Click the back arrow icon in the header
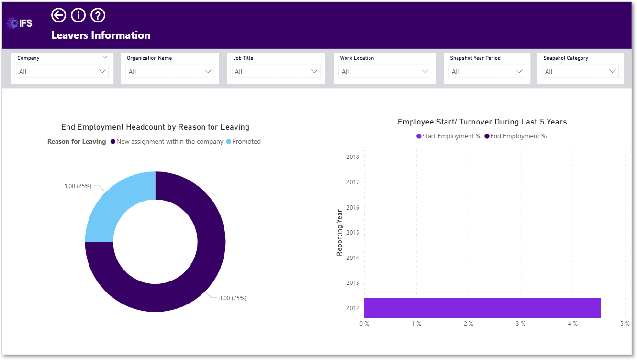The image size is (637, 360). click(x=58, y=15)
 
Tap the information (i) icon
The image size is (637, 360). click(x=78, y=15)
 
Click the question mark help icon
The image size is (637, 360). click(x=98, y=15)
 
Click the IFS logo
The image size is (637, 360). click(x=19, y=23)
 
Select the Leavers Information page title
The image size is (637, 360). click(x=101, y=35)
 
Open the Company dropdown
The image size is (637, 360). click(x=62, y=72)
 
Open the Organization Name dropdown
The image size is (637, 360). click(x=170, y=72)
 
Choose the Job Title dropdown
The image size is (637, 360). click(x=276, y=72)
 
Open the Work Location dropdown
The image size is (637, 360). click(x=384, y=72)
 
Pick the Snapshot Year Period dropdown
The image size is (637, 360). click(x=487, y=72)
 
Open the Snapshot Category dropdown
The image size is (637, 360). click(x=580, y=72)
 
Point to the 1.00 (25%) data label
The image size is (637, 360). click(x=78, y=186)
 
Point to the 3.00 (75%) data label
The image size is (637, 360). click(x=233, y=298)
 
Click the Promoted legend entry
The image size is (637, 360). click(x=244, y=141)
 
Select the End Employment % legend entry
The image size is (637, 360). click(x=515, y=136)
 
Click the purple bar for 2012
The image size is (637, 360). click(x=482, y=308)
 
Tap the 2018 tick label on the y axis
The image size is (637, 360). click(x=353, y=157)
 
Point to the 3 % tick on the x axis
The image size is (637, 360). click(x=521, y=324)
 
